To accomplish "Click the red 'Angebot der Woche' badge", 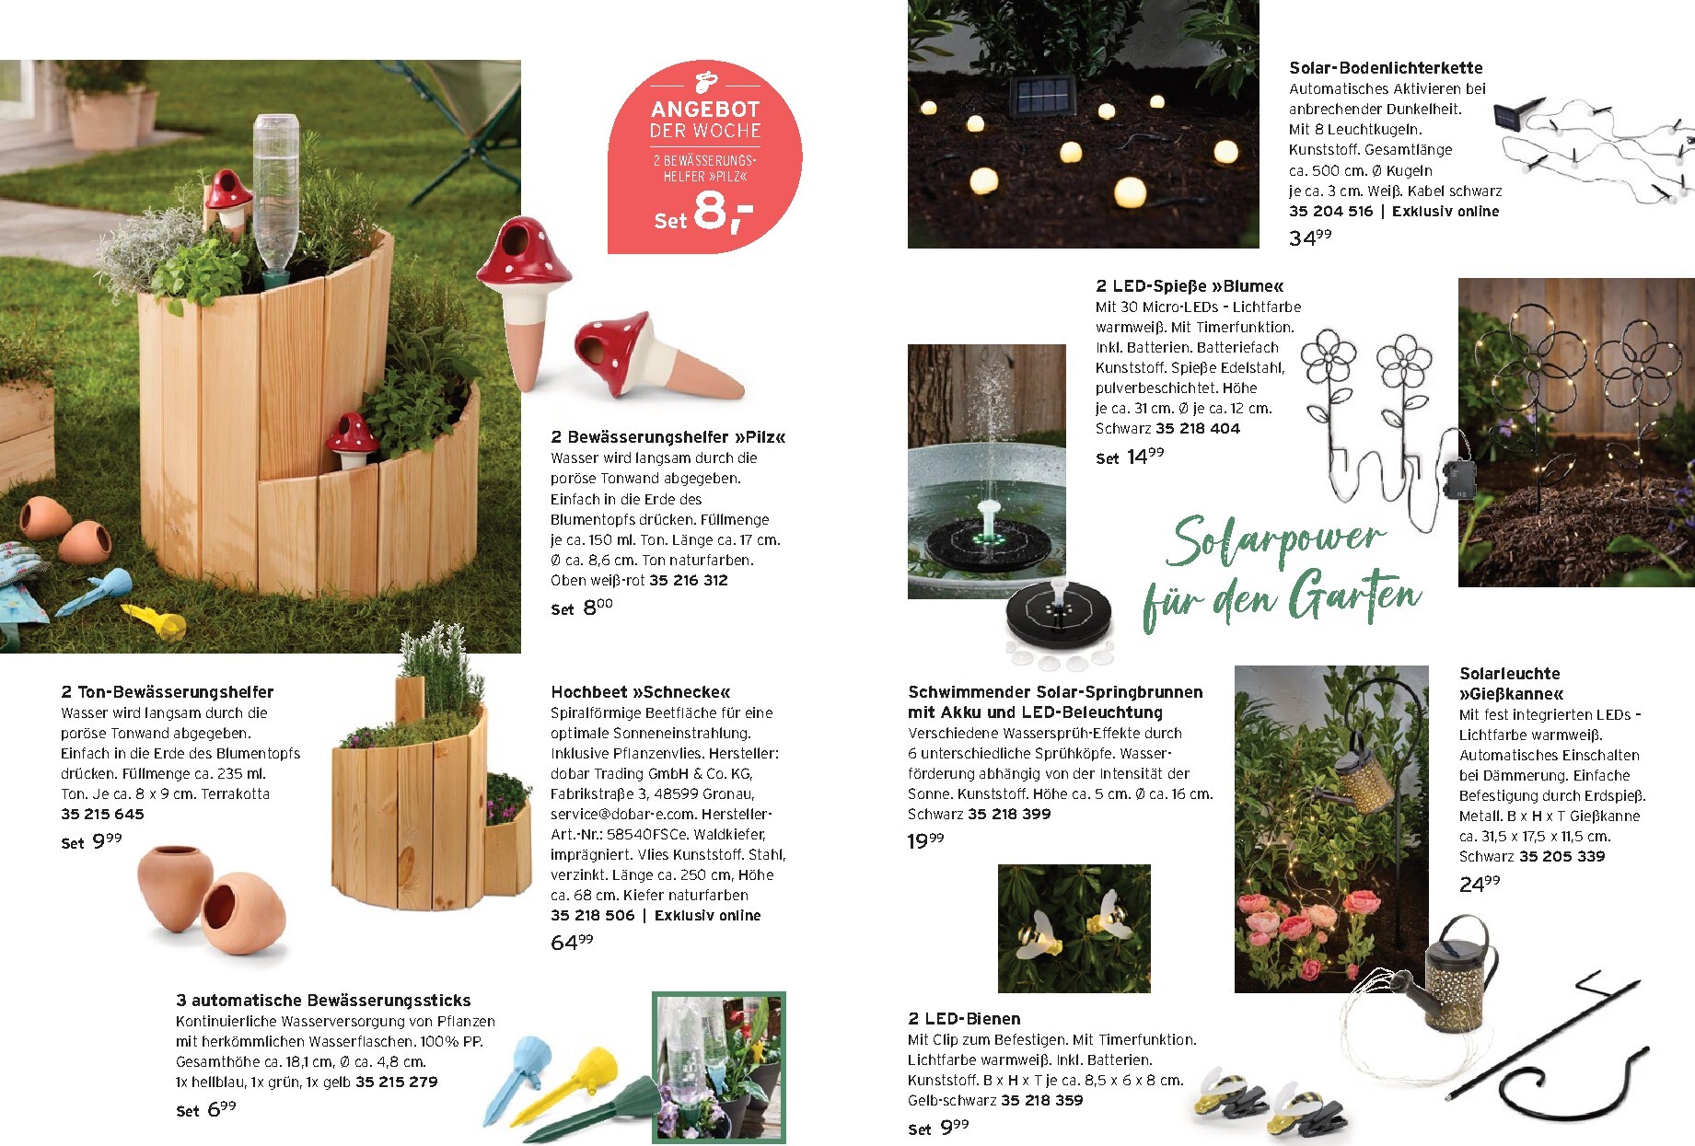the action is (704, 157).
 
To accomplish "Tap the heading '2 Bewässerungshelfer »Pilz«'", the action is (668, 437).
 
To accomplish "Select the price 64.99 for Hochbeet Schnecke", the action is (572, 942).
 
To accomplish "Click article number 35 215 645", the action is (102, 814).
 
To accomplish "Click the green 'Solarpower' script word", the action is (1274, 542).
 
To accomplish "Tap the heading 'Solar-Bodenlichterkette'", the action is (1386, 68).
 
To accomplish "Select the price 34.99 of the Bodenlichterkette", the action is (1310, 237).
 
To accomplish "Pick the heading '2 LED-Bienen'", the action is (964, 1019).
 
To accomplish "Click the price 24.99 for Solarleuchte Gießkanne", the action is (1480, 884).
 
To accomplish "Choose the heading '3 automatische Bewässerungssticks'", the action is (323, 1001).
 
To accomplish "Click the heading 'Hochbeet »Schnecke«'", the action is (641, 692).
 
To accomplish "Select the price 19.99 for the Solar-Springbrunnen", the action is (925, 839).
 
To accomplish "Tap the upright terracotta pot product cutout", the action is (175, 888).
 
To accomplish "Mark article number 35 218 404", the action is (1198, 428).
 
